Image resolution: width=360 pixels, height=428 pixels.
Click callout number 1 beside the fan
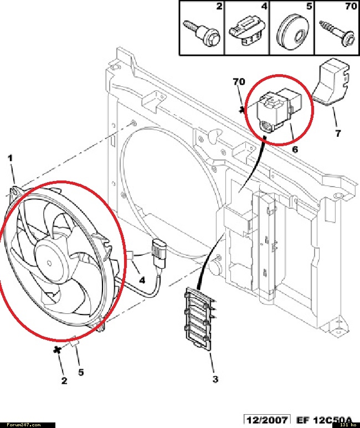click(10, 158)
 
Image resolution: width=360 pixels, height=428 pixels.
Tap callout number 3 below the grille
click(215, 379)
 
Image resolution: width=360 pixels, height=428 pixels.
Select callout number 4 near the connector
click(142, 280)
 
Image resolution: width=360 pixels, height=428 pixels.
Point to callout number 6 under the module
click(295, 149)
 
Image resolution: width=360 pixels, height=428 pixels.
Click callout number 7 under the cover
click(338, 133)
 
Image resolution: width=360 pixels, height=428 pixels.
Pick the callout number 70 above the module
click(239, 81)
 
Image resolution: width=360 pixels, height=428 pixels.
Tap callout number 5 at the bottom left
click(81, 372)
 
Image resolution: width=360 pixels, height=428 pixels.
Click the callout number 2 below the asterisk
click(64, 380)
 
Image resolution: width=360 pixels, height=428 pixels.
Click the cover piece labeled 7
click(331, 81)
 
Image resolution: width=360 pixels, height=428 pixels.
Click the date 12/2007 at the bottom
click(267, 420)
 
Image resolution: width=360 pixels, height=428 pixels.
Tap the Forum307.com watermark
click(24, 425)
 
